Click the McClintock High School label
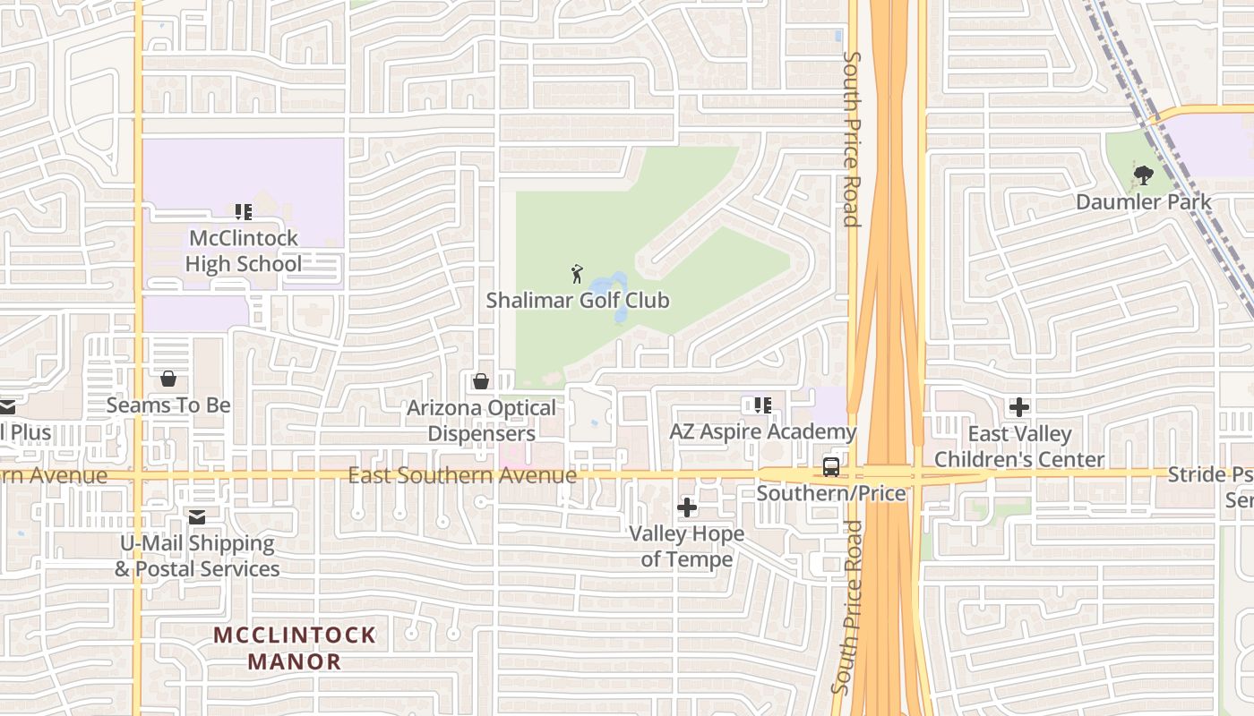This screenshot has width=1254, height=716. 243,251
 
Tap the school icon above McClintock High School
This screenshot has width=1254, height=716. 243,212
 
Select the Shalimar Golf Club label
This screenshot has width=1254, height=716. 578,300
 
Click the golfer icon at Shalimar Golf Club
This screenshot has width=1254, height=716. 577,274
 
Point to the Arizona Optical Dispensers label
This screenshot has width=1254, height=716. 482,421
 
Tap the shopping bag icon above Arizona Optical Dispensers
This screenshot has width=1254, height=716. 481,382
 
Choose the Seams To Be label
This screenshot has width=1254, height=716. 168,405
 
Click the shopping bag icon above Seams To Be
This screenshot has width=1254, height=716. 168,379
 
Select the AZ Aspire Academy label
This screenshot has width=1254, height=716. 763,432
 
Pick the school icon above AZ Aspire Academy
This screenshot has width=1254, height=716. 762,405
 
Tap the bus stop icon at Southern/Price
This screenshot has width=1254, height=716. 831,466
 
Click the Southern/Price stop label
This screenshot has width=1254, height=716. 831,493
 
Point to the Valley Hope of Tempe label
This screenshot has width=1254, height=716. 687,547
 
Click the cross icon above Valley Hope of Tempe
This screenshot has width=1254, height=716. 687,508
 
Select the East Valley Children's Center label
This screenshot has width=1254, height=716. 1019,447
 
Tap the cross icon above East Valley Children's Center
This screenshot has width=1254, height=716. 1019,408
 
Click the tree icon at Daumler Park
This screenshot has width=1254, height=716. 1143,175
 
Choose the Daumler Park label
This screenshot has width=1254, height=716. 1144,202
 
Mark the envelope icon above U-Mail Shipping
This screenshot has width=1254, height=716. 197,517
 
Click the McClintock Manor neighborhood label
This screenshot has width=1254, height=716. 295,649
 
